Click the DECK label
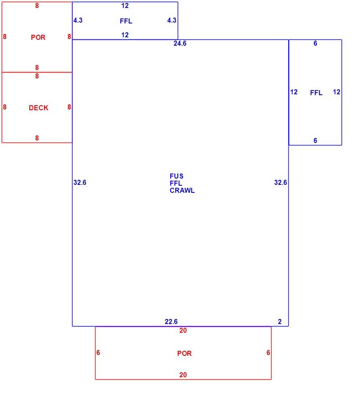[39, 108]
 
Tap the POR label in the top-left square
[38, 37]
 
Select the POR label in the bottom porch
[184, 353]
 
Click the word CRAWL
[182, 190]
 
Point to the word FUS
[176, 176]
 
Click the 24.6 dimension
[180, 44]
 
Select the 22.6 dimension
[171, 321]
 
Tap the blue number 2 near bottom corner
[280, 321]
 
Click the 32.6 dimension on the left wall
[80, 182]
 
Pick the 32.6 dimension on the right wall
[280, 182]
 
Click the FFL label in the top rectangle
[126, 21]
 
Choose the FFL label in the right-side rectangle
[316, 93]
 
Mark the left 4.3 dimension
[78, 21]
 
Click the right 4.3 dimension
[172, 21]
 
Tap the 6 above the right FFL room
[315, 44]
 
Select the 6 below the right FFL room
[315, 140]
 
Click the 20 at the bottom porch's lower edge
[183, 375]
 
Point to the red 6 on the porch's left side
[98, 353]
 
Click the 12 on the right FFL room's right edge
[337, 92]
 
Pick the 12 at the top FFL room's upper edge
[125, 6]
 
